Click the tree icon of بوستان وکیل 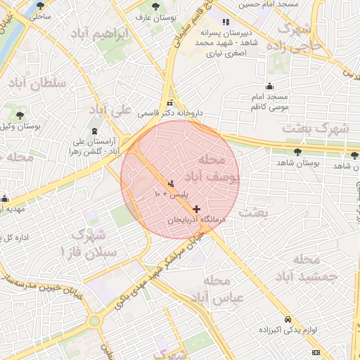(20, 115)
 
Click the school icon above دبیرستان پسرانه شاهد (225, 22)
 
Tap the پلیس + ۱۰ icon (172, 184)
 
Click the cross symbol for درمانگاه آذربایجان (195, 209)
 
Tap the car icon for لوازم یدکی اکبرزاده (288, 319)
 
